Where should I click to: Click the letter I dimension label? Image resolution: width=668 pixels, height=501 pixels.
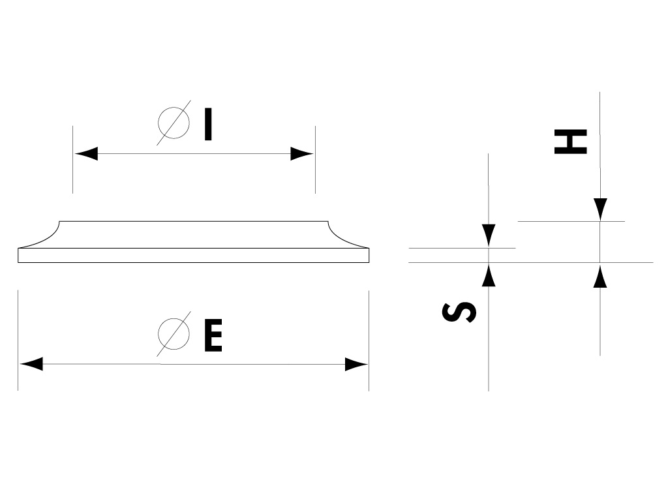coord(208,125)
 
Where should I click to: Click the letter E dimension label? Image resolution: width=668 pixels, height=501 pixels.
coord(213,336)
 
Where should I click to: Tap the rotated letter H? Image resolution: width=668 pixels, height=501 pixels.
coord(570,142)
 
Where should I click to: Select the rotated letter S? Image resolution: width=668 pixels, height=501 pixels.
coord(459,312)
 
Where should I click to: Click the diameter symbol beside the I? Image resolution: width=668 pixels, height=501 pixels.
coord(174,123)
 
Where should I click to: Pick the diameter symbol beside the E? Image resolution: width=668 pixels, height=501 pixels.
coord(174,334)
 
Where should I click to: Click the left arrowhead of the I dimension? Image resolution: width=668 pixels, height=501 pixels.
coord(86,153)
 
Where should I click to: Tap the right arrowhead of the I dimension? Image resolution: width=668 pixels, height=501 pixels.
coord(301,153)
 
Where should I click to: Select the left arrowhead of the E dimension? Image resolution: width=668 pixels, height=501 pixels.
coord(31,364)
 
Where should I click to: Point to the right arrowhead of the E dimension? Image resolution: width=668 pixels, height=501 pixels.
coord(356,364)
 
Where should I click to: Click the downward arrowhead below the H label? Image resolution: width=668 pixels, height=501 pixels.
coord(600,209)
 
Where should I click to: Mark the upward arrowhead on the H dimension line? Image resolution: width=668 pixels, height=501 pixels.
coord(600,276)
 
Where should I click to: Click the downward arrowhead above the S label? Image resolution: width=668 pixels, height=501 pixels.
coord(489,235)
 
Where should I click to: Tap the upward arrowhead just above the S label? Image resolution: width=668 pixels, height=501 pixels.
coord(489,275)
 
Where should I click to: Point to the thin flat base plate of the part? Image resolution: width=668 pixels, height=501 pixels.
coord(193,255)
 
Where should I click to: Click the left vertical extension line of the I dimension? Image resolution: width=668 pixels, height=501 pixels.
coord(72,159)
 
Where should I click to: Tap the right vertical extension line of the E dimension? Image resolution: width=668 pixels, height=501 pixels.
coord(369,341)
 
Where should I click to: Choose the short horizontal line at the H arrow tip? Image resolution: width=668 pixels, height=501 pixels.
coord(571,221)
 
